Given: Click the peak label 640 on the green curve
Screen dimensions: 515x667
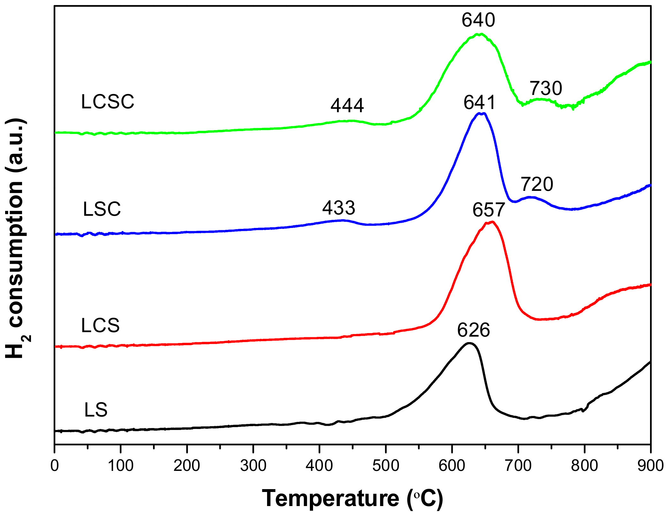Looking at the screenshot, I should (x=478, y=20).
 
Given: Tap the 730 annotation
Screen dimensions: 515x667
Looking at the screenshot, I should (x=546, y=89).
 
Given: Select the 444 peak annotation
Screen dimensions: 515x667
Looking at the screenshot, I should (x=347, y=106).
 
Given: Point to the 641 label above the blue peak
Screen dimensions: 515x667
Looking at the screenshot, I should (x=479, y=103).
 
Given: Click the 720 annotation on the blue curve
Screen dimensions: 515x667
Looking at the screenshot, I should (x=537, y=184).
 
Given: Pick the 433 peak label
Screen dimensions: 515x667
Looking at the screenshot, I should (x=339, y=208).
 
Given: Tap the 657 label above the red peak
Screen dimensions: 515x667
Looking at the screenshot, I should (x=488, y=210).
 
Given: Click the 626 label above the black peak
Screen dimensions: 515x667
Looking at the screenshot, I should (x=473, y=330).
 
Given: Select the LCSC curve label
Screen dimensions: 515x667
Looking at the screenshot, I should (x=108, y=102).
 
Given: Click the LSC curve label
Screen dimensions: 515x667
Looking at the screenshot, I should (x=102, y=209).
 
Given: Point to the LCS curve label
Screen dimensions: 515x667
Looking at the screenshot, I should (x=100, y=326).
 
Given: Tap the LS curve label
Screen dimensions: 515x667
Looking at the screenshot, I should (x=96, y=410).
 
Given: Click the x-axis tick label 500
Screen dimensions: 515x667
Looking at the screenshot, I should (x=386, y=466).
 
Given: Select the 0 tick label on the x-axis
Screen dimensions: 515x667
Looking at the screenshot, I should (x=55, y=466).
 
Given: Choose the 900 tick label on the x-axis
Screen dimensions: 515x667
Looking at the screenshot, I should (x=650, y=466).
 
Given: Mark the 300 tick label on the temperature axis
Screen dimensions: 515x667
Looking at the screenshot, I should (x=253, y=466).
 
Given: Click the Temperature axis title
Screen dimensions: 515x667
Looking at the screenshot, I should (x=352, y=498).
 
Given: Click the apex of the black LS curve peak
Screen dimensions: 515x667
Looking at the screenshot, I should (x=469, y=343).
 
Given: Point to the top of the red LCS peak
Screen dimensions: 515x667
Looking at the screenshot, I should (x=491, y=222).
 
